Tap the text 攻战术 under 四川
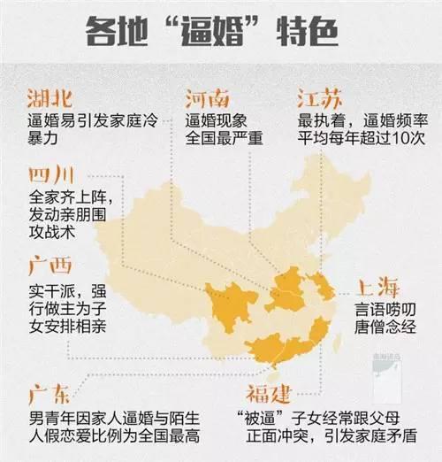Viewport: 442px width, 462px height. pyautogui.click(x=52, y=231)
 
